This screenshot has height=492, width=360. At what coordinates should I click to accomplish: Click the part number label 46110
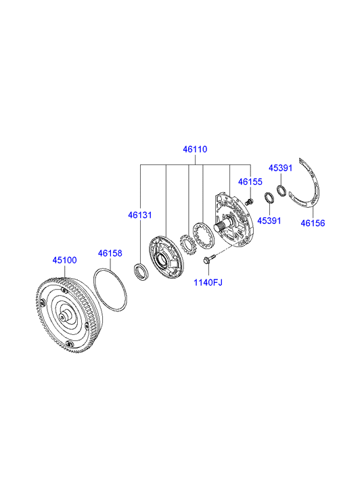tap(195, 149)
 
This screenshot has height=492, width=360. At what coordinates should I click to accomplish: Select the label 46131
tap(139, 215)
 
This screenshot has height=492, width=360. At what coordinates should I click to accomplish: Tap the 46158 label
tap(110, 253)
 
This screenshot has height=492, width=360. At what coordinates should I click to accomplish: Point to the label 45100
tap(65, 260)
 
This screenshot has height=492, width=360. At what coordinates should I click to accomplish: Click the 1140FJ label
tap(208, 282)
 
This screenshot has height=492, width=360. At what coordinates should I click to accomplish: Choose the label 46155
tap(250, 181)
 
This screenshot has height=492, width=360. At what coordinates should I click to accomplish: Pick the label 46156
tap(313, 223)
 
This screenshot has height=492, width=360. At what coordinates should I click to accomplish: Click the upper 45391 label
tap(280, 169)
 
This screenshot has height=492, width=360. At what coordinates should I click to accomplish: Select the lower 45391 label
tap(269, 221)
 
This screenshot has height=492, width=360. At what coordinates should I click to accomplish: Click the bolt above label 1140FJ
tap(208, 259)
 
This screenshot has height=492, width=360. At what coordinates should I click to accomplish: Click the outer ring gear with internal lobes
tap(204, 236)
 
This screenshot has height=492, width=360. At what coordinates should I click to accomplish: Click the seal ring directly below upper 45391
tap(282, 191)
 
